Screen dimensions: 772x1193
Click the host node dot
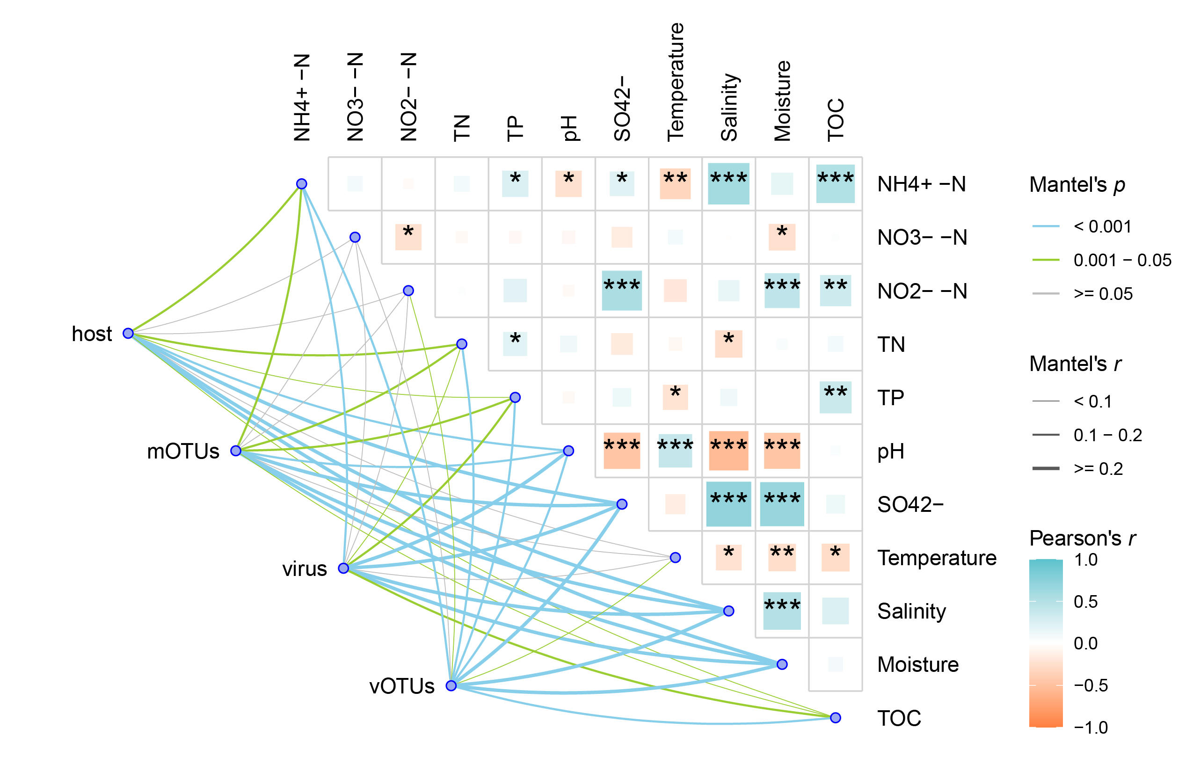[x=128, y=333]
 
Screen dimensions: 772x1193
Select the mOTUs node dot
[x=236, y=451]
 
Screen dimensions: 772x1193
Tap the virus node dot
[x=343, y=568]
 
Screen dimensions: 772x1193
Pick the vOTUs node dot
[x=451, y=685]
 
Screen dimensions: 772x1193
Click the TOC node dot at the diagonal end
[x=835, y=717]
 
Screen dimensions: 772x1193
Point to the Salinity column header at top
[x=729, y=107]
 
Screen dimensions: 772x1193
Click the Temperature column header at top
[x=675, y=82]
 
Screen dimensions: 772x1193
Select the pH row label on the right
[x=891, y=451]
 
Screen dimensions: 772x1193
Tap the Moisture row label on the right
[x=918, y=664]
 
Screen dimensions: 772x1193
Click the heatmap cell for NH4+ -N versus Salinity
[x=728, y=183]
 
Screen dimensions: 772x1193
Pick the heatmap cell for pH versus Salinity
[x=728, y=451]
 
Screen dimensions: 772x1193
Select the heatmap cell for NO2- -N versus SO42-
[x=622, y=291]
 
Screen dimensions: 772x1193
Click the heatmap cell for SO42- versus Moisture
[x=782, y=504]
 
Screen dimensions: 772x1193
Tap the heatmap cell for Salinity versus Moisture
[x=782, y=611]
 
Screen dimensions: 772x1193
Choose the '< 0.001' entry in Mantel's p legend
[x=1102, y=226]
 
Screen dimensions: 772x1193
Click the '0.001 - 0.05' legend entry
[x=1122, y=260]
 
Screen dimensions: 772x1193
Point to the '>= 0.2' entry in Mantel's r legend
[x=1098, y=468]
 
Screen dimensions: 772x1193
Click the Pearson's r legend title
[x=1083, y=538]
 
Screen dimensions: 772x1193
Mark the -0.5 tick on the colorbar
[x=1090, y=685]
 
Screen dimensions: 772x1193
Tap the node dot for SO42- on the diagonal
[x=622, y=504]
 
